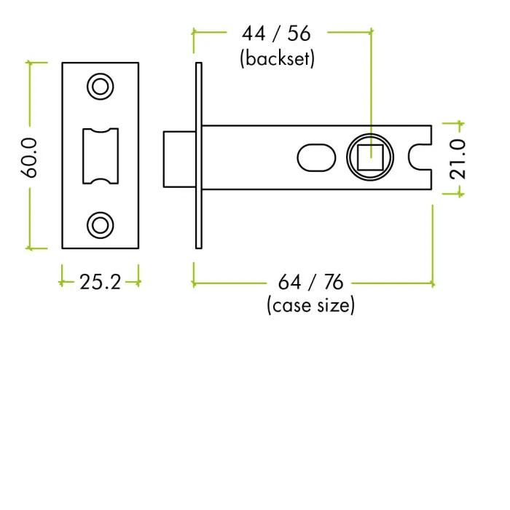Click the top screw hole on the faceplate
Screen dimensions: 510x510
coord(101,87)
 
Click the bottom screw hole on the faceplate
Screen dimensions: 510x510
coord(101,224)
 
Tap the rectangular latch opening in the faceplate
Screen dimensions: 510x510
coord(100,155)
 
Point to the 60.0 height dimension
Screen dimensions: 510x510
coord(29,155)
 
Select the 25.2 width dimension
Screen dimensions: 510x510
coord(100,282)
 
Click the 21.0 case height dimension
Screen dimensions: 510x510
coord(458,159)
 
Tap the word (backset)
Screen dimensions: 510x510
coord(277,58)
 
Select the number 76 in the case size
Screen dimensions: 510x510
coord(333,282)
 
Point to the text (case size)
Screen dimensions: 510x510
coord(311,305)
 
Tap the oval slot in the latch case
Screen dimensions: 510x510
coord(316,157)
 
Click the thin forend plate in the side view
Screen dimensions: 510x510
coord(197,155)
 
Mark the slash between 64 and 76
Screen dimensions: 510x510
coord(312,282)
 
